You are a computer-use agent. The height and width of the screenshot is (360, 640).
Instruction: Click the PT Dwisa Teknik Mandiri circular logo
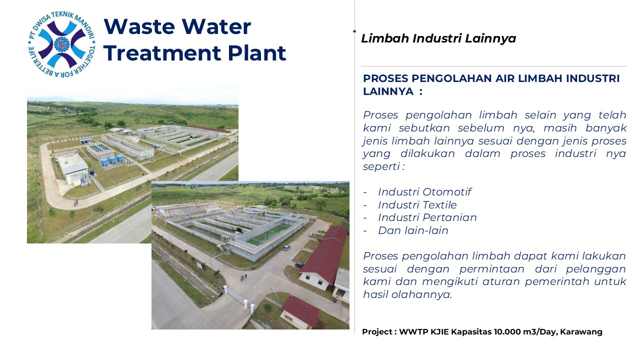pos(61,44)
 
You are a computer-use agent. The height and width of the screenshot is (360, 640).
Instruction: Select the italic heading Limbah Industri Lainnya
pos(438,38)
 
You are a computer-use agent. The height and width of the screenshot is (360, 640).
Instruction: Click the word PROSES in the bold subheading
pos(385,78)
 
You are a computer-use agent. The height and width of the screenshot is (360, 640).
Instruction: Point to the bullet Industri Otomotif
pos(424,192)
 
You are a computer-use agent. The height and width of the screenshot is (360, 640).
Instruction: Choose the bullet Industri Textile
pos(417,205)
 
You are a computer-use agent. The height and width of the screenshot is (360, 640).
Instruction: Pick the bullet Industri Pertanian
pos(427,217)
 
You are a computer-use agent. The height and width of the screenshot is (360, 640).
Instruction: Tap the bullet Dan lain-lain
pos(413,230)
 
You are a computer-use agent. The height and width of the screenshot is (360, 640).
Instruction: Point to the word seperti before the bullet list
pos(381,167)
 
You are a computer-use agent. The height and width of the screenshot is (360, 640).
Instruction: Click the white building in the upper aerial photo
pos(73,169)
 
